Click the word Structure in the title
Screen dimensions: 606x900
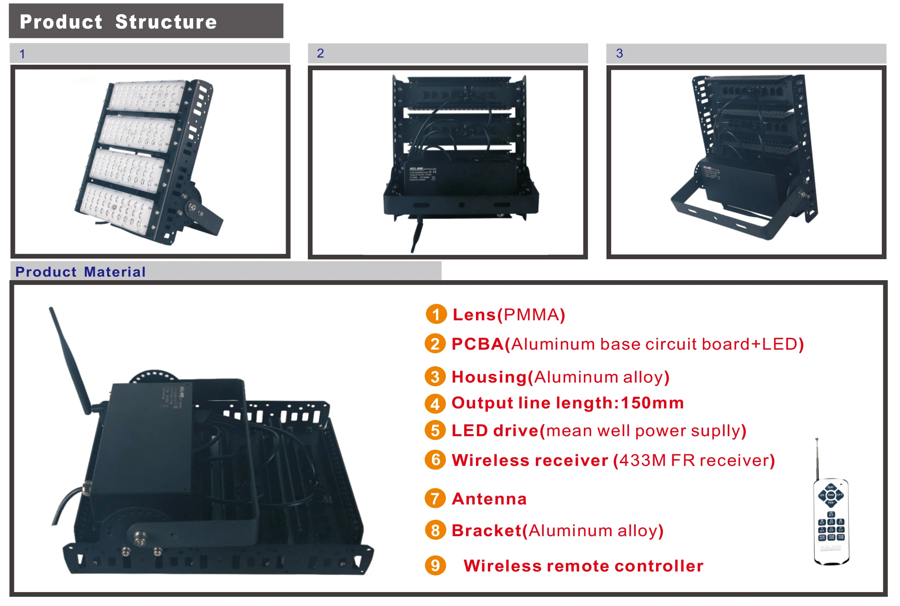166,22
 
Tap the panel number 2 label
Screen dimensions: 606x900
320,53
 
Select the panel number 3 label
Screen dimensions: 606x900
619,53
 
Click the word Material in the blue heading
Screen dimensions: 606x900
115,272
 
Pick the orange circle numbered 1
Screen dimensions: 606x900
436,314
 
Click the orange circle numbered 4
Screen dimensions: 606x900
435,404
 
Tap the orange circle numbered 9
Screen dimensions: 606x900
435,565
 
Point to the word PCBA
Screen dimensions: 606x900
478,344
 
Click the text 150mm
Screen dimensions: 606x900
652,403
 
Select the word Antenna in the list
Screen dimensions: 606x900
489,499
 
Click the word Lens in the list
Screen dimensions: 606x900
474,315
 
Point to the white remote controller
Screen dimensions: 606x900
831,520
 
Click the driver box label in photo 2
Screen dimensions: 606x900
422,175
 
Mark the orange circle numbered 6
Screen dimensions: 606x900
435,460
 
